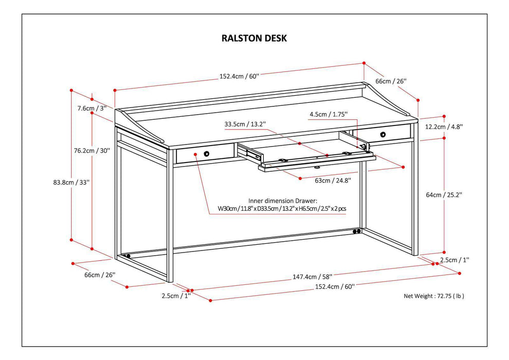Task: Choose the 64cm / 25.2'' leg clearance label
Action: coord(445,194)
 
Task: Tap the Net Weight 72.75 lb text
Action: coord(437,296)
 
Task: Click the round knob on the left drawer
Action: coord(206,154)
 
